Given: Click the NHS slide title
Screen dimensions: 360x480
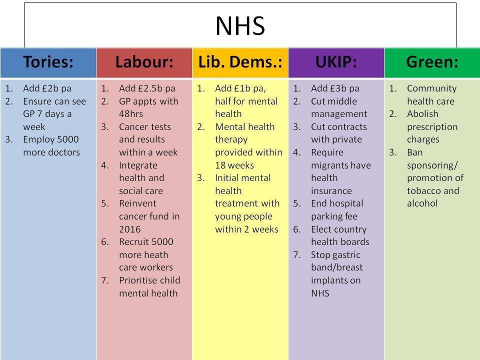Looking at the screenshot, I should (240, 26).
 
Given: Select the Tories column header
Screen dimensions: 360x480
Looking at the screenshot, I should (48, 62).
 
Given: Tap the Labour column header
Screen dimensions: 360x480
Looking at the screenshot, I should (144, 62).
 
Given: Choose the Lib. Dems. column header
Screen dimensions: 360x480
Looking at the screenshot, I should (240, 62).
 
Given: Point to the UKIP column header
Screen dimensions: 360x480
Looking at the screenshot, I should (336, 62).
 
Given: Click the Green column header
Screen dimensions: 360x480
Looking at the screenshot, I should (432, 62).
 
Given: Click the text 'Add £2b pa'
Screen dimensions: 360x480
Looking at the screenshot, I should (47, 88).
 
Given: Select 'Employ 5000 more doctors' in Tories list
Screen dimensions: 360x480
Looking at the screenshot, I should (51, 146).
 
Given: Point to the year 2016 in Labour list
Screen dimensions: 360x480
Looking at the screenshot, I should (129, 229).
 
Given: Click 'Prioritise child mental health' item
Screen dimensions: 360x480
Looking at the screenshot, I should (149, 286).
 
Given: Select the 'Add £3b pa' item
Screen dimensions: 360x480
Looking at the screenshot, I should (335, 88).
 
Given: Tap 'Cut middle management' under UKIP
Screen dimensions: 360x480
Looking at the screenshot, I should (339, 107).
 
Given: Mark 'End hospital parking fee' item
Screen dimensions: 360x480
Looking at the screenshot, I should (337, 210).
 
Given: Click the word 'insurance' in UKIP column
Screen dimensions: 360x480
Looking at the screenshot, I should (331, 190).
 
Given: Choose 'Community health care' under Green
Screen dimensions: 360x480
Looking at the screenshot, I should (431, 95).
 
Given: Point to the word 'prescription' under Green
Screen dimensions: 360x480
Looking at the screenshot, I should (432, 126).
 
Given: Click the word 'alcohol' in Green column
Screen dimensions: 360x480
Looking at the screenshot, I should (422, 203).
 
